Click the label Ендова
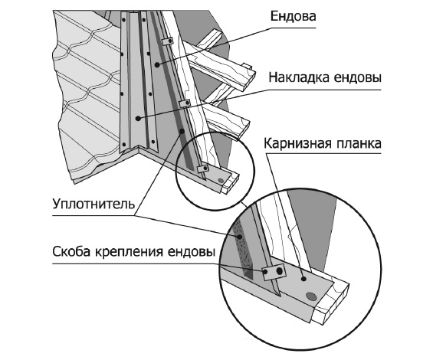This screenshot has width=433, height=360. coord(293,17)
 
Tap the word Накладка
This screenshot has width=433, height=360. coord(299,77)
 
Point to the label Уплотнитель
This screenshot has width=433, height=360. coord(94,205)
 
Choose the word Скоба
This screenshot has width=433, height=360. coord(71,252)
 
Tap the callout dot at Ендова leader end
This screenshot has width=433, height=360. coord(157,65)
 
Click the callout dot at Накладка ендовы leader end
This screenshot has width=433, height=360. coord(138,119)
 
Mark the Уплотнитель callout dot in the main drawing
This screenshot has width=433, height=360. coord(182,131)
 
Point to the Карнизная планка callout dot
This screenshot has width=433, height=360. coord(303,279)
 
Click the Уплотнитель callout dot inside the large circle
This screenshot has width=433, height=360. coord(240,237)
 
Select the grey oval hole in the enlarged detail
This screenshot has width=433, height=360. coord(311,296)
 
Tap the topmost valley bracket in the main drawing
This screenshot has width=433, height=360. coord(167,41)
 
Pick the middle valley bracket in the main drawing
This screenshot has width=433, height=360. coord(185,103)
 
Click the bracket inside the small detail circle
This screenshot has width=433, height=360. coord(202,169)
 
